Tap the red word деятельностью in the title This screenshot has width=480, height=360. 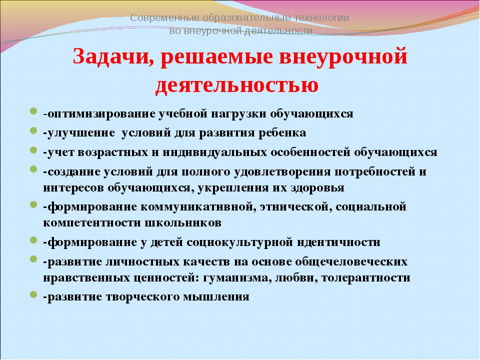click(237, 84)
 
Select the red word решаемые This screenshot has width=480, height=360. click(216, 57)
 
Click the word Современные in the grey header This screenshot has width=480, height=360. click(164, 18)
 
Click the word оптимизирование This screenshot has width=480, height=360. click(101, 114)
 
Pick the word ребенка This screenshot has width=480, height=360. click(282, 133)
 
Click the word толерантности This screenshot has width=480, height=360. click(366, 278)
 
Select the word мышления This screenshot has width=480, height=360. click(216, 297)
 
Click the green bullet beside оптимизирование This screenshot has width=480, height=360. click(34, 111)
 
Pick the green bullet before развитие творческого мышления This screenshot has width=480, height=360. click(34, 295)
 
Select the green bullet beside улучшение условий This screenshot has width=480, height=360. click(34, 130)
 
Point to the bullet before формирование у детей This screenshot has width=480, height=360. click(34, 240)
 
